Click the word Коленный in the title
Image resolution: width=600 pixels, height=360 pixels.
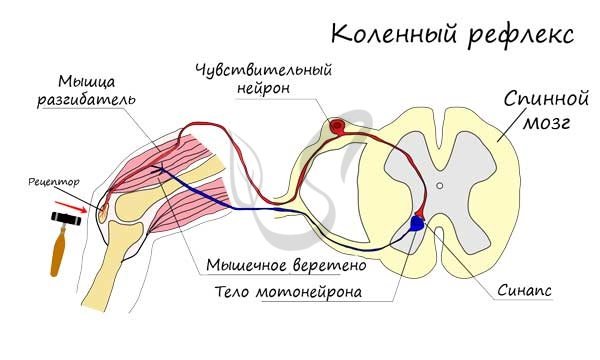[x=391, y=35]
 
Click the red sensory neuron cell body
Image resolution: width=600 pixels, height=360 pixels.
[x=338, y=127]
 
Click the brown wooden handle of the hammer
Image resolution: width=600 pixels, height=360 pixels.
[x=59, y=254]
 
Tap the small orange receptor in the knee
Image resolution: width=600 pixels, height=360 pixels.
[x=101, y=210]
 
